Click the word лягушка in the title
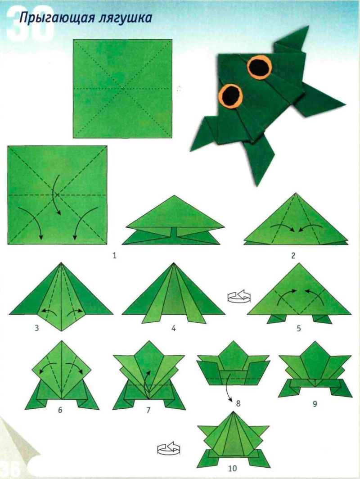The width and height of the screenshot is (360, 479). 126,18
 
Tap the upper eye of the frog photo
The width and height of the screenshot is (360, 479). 260,66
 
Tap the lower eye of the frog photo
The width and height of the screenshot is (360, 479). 231,95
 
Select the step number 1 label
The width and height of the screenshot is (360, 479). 114,255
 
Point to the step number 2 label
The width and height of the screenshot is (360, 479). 293,255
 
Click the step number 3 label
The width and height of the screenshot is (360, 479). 37,329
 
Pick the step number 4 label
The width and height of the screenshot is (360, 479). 173,329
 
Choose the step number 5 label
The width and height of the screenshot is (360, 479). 299,329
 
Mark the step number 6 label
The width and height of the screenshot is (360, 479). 60,410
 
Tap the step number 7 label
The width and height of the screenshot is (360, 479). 148,410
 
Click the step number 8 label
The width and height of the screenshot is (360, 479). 238,403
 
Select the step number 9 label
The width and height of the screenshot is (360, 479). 315,404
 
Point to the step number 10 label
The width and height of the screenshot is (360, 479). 232,468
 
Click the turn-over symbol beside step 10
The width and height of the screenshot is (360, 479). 169,448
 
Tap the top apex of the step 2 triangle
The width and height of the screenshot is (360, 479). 296,193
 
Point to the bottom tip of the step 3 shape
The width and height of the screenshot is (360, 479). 62,331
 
